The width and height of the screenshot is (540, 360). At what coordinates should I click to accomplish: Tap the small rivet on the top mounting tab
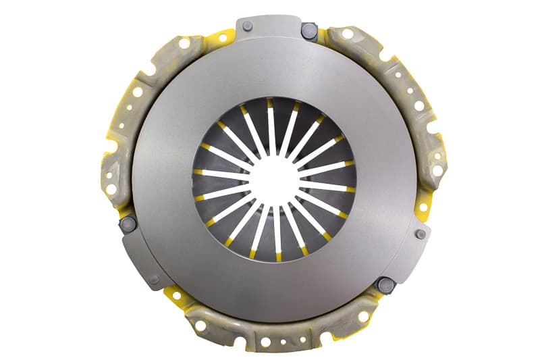pos(247,26)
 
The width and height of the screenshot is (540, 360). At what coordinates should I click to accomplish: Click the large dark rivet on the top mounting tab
pos(308,30)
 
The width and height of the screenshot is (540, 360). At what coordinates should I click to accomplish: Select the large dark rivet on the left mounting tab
pos(128,223)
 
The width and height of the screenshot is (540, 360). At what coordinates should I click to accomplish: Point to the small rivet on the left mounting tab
pos(154,278)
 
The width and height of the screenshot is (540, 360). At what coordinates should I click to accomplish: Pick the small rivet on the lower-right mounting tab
pos(421,234)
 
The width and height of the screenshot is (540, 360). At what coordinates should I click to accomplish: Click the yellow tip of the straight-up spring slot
pos(270,103)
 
